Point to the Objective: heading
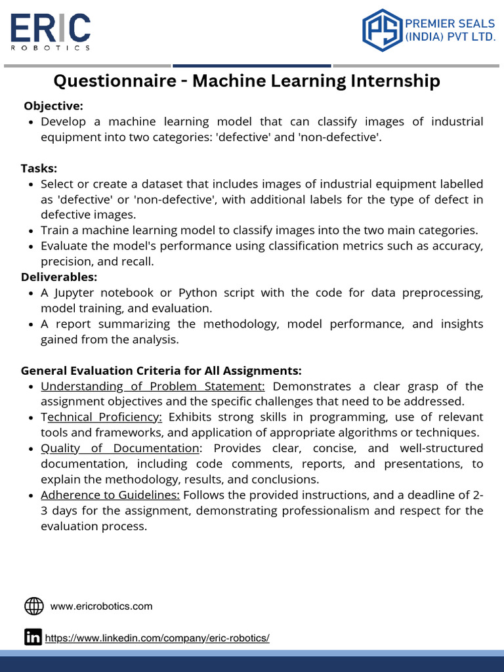[x=53, y=106]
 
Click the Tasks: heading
[x=39, y=168]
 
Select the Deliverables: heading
[x=59, y=277]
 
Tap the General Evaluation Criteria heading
[x=161, y=371]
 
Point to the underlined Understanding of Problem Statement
[x=152, y=386]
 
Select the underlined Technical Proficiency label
[x=101, y=417]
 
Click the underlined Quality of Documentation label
[x=119, y=448]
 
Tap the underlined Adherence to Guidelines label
[x=110, y=495]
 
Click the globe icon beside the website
[x=33, y=606]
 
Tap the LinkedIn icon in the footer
[x=33, y=637]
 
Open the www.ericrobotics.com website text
[x=101, y=606]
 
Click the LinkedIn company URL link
[x=157, y=638]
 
